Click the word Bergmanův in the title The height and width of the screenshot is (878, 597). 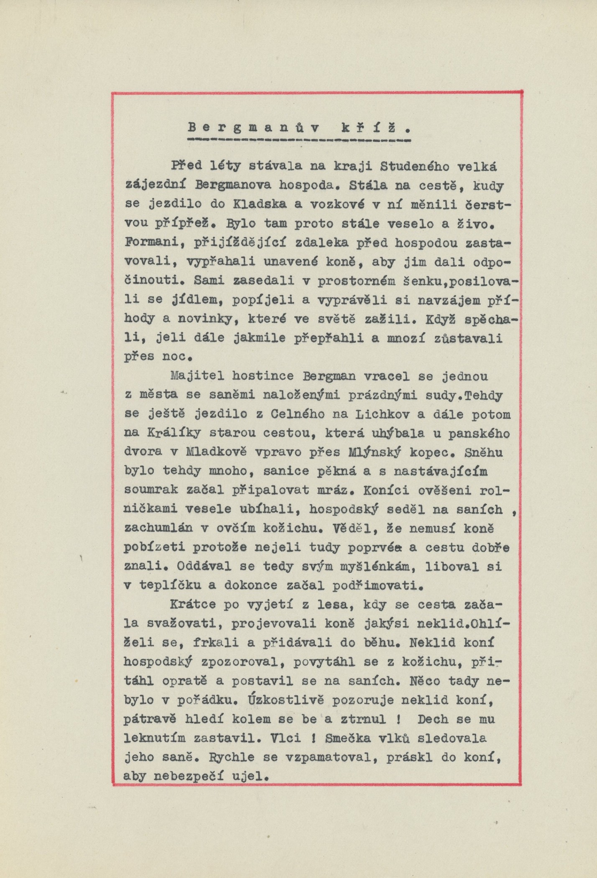pyautogui.click(x=253, y=128)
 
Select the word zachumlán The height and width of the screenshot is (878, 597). pyautogui.click(x=159, y=528)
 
